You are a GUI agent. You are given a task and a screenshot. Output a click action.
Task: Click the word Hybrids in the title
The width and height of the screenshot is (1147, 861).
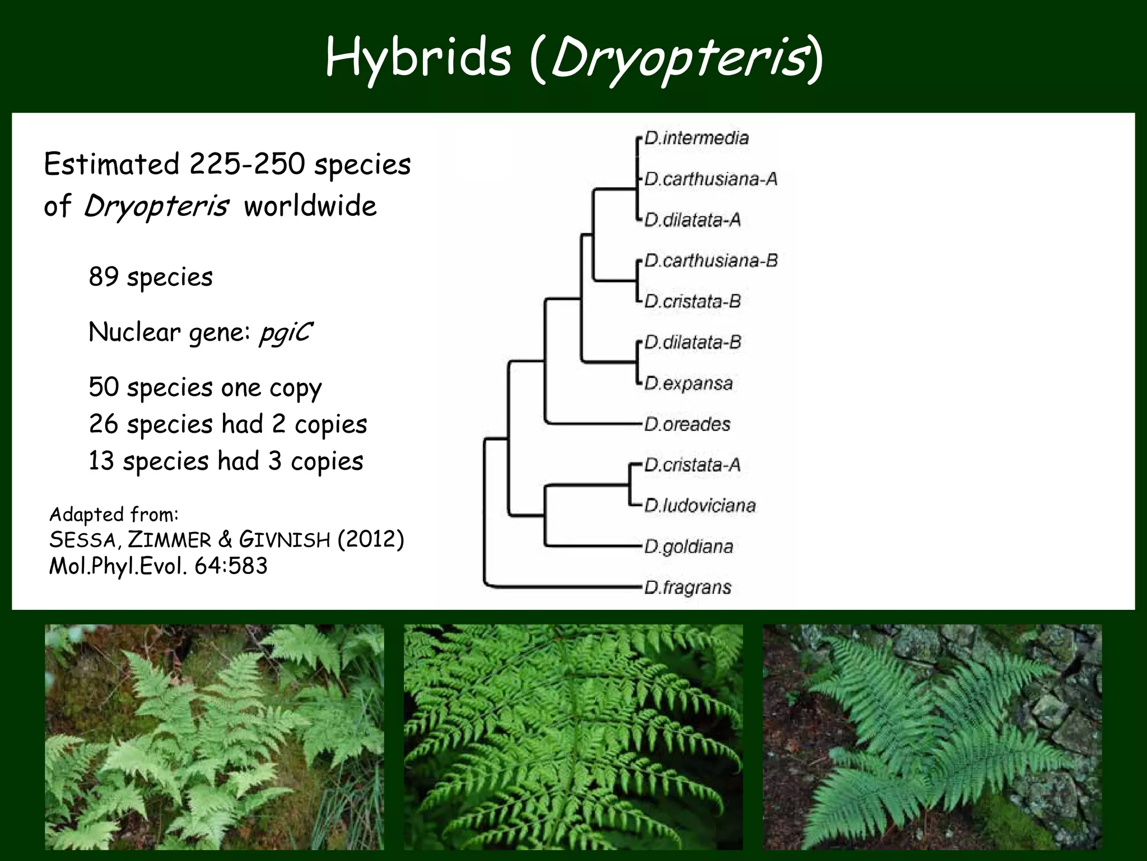(418, 58)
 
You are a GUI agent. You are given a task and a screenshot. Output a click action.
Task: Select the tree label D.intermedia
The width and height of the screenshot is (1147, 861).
(696, 138)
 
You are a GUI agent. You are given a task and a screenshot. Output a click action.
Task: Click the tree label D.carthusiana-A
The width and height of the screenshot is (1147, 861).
(711, 179)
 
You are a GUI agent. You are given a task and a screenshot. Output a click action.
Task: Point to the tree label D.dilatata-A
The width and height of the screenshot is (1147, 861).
(692, 220)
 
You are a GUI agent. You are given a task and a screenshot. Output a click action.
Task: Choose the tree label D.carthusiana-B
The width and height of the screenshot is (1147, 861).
(711, 261)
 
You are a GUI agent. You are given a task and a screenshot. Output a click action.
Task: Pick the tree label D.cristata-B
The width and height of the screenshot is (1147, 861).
(692, 302)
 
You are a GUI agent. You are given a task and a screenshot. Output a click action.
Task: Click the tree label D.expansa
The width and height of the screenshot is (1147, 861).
(688, 383)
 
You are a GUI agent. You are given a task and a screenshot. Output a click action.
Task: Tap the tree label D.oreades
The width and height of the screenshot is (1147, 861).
(687, 424)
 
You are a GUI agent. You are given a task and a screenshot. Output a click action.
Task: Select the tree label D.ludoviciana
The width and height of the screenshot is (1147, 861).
(700, 506)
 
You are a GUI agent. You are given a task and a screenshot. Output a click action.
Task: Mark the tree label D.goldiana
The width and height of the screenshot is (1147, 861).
(688, 547)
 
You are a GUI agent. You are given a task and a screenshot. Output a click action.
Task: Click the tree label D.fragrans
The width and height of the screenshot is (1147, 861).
(688, 587)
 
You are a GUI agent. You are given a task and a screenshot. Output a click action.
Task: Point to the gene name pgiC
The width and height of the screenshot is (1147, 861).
(285, 333)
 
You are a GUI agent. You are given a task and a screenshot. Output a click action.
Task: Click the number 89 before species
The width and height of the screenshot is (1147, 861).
(104, 276)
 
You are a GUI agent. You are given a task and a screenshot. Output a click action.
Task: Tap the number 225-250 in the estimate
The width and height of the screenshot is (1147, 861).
(247, 164)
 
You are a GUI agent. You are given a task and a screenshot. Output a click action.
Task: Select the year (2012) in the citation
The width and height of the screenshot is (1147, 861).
(370, 540)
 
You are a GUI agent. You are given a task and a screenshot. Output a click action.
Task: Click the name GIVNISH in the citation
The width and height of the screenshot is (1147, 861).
(285, 540)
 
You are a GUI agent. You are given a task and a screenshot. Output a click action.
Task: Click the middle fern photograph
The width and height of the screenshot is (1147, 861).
(573, 737)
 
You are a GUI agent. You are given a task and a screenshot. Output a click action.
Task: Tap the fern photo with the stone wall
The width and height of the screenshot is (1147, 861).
(932, 737)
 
